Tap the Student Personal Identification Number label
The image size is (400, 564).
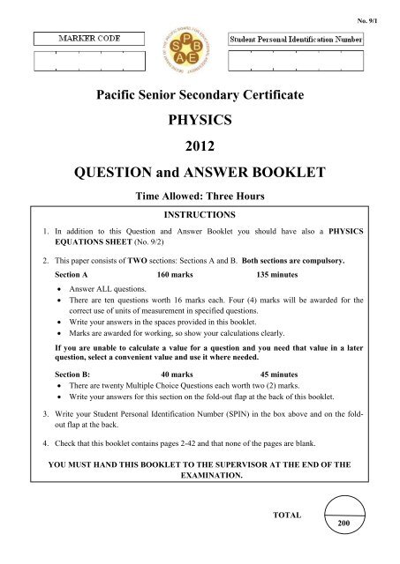point(306,39)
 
